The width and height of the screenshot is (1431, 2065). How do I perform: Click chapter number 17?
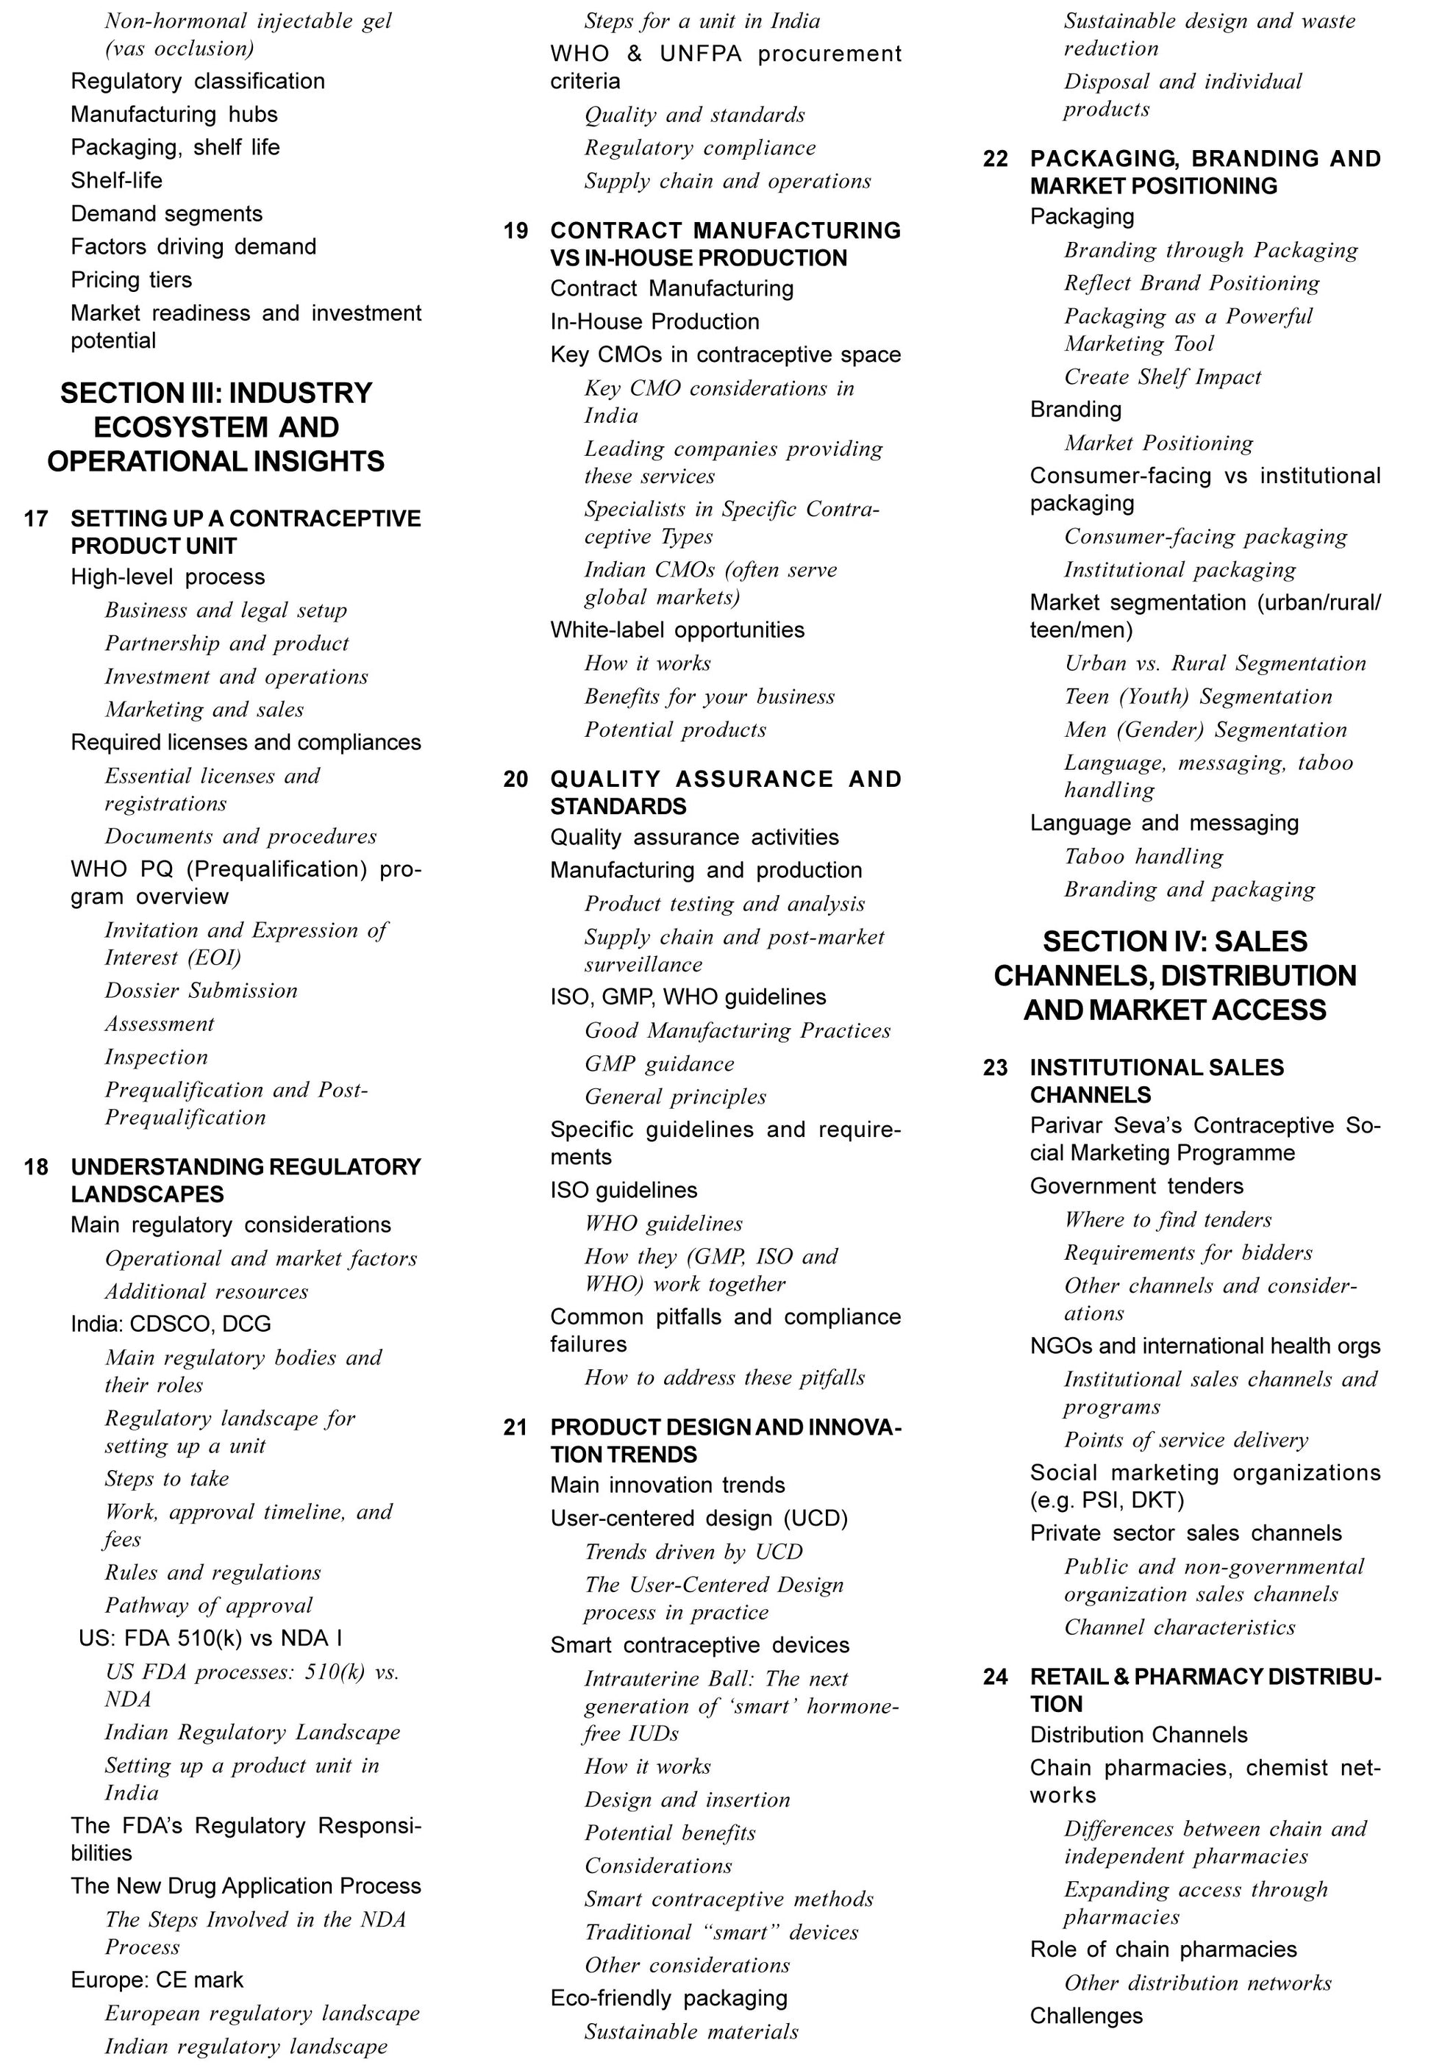36,519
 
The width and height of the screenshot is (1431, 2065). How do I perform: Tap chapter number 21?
515,1427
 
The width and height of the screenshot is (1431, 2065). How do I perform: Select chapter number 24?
995,1677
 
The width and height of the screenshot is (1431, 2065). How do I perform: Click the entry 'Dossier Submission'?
201,991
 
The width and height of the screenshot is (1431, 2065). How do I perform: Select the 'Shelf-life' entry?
117,180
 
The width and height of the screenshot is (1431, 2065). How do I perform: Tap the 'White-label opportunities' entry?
677,630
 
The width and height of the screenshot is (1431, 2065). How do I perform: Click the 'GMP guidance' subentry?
659,1064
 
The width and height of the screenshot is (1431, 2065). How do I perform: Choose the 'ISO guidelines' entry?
623,1191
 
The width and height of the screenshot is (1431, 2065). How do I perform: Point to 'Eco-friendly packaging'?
669,1999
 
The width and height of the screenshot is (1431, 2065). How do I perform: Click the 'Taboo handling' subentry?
1143,857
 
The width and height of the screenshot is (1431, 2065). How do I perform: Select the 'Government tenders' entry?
1136,1186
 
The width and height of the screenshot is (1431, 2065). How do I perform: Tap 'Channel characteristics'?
1179,1627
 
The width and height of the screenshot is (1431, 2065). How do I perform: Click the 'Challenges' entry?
1086,2016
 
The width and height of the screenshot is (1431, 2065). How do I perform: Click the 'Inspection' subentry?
156,1058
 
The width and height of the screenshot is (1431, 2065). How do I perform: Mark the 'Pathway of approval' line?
208,1606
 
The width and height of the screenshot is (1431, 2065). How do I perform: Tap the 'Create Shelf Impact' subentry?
1162,377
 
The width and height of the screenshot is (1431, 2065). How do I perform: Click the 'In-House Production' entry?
654,322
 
